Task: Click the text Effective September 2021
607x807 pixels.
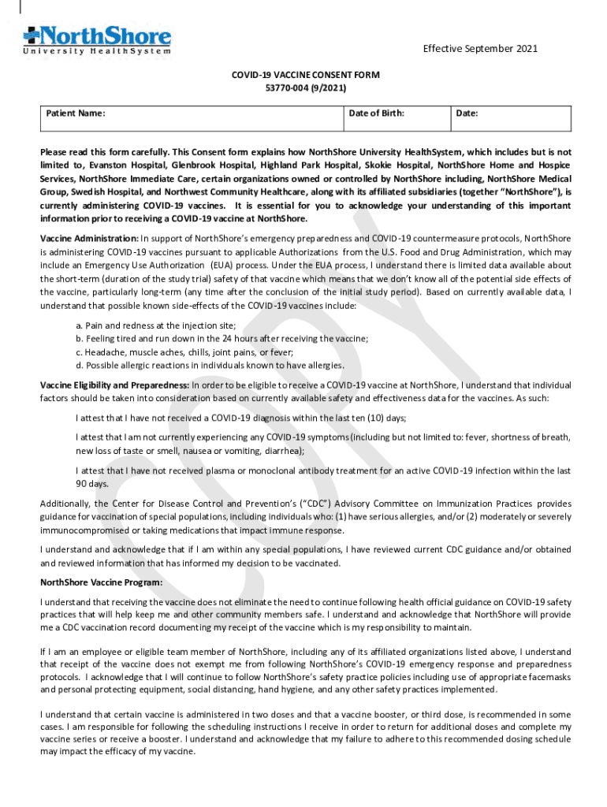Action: [480, 49]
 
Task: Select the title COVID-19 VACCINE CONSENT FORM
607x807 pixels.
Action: [304, 75]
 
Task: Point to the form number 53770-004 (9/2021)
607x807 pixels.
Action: [304, 87]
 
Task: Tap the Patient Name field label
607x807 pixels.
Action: [76, 113]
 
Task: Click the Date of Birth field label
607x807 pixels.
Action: [377, 113]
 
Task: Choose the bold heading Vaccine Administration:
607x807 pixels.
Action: [89, 238]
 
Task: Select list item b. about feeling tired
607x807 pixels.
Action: [222, 339]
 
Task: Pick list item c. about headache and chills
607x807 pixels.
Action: [184, 352]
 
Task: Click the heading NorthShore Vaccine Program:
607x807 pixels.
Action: [102, 582]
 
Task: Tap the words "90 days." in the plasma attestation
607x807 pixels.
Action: [92, 484]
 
